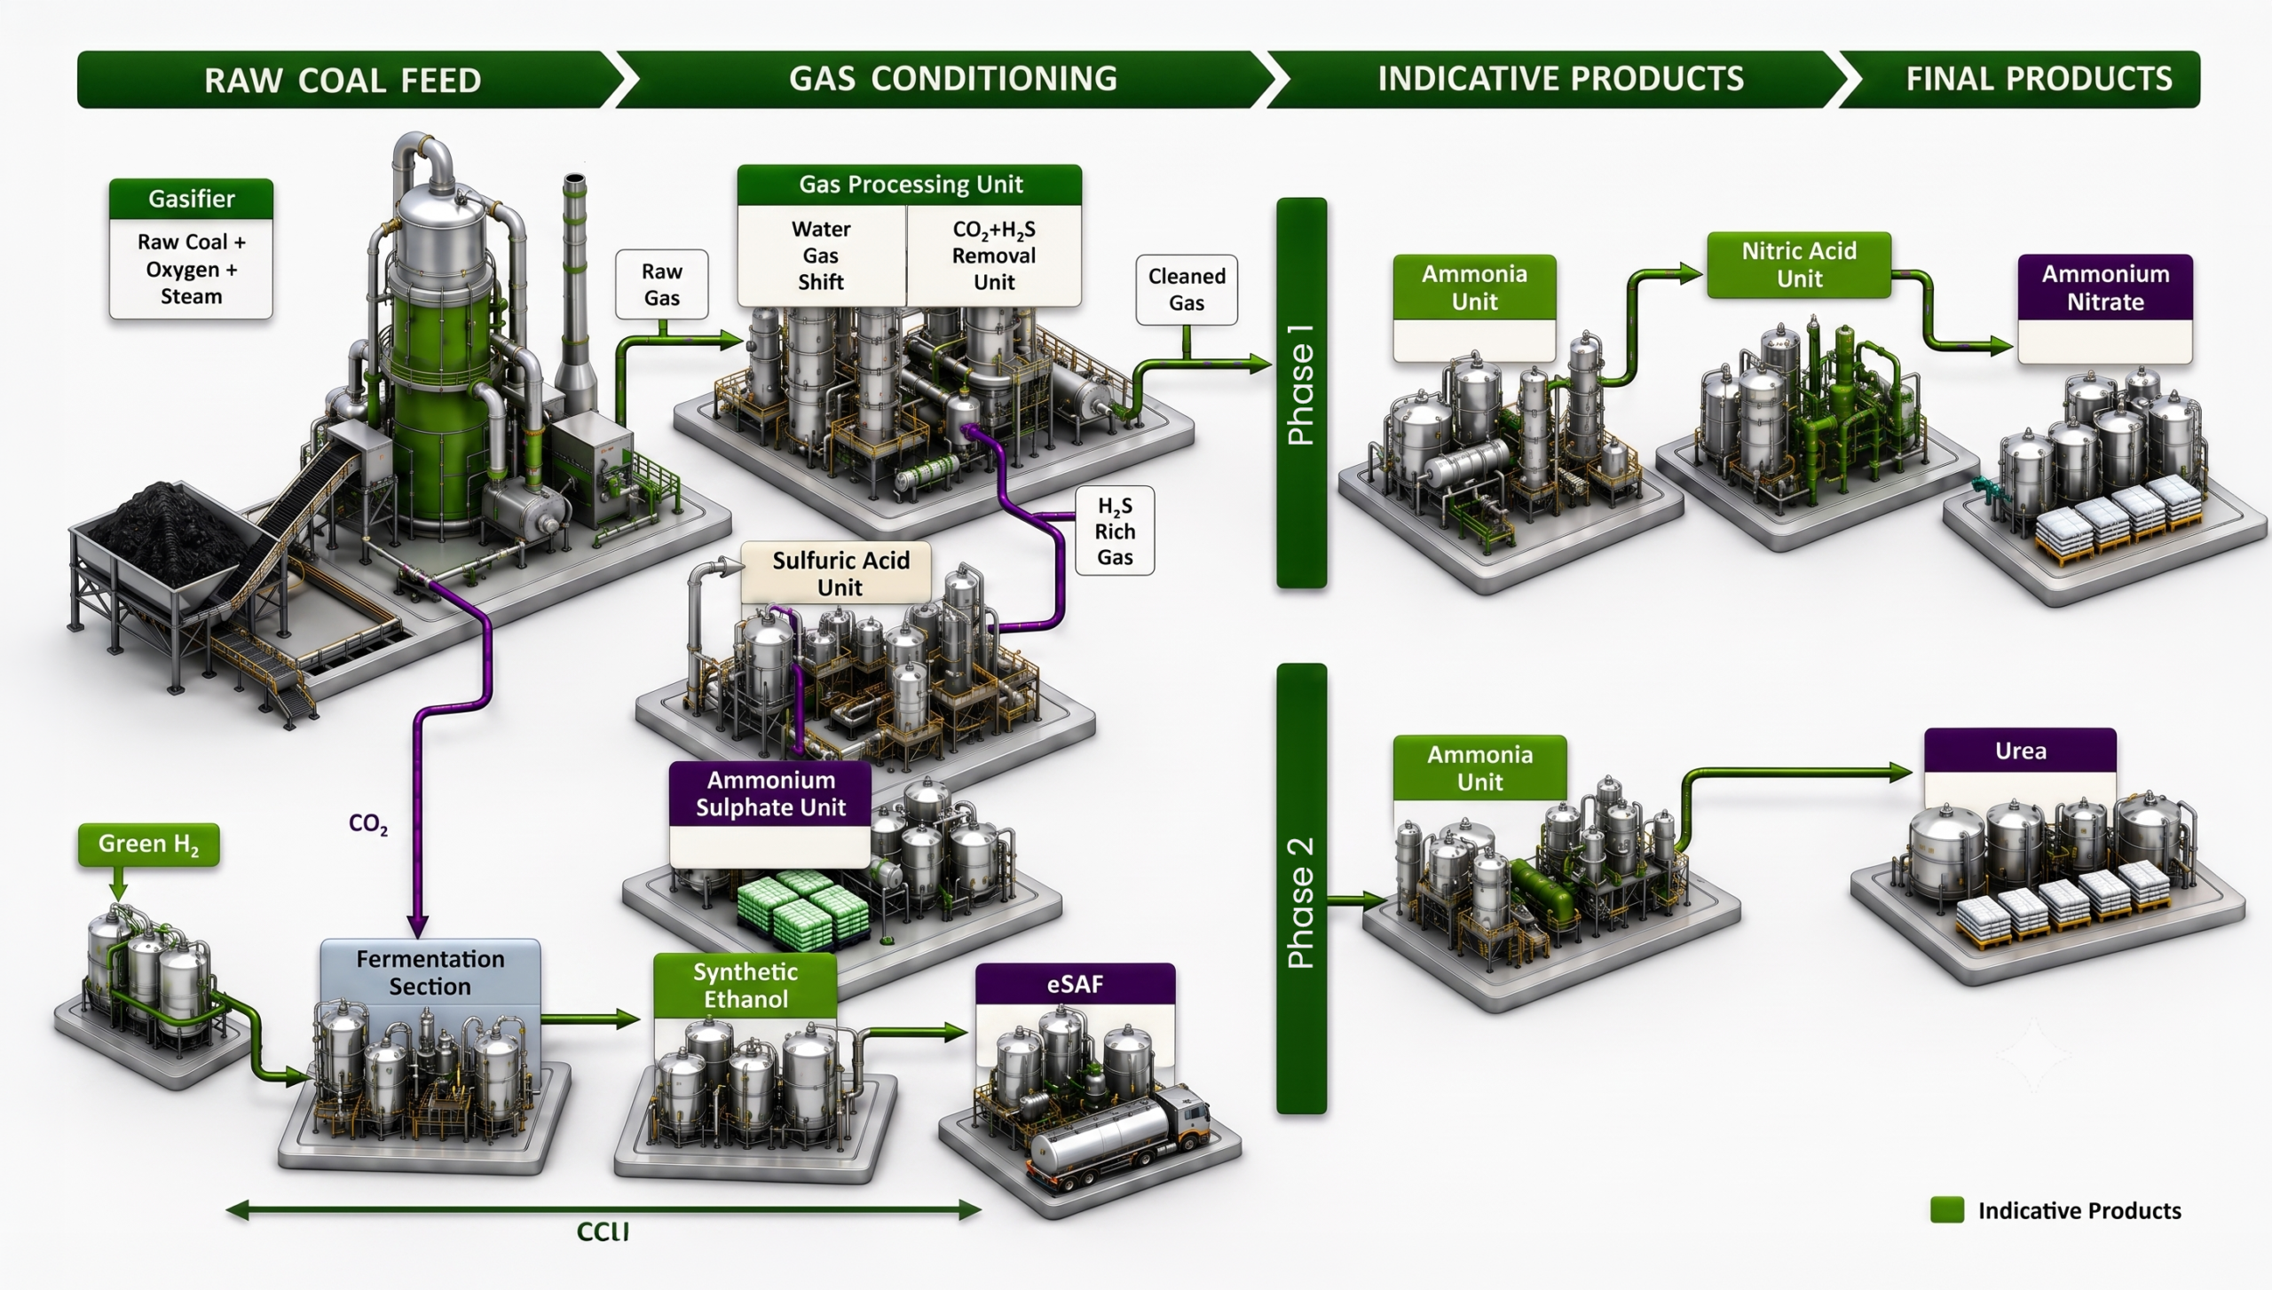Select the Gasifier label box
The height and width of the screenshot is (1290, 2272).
(x=191, y=249)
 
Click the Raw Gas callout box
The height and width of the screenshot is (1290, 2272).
(x=662, y=284)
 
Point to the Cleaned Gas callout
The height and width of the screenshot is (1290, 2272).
(x=1187, y=289)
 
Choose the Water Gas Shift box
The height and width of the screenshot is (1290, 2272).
(x=821, y=256)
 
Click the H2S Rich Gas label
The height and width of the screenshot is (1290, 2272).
(x=1115, y=531)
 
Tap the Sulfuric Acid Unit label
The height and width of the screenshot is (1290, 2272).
(x=840, y=573)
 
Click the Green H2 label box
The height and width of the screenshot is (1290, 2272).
(x=148, y=844)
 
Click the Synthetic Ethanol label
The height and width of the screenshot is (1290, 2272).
(x=745, y=985)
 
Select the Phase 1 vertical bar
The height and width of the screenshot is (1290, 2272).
(x=1301, y=393)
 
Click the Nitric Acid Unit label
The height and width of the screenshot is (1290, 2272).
(x=1799, y=264)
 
